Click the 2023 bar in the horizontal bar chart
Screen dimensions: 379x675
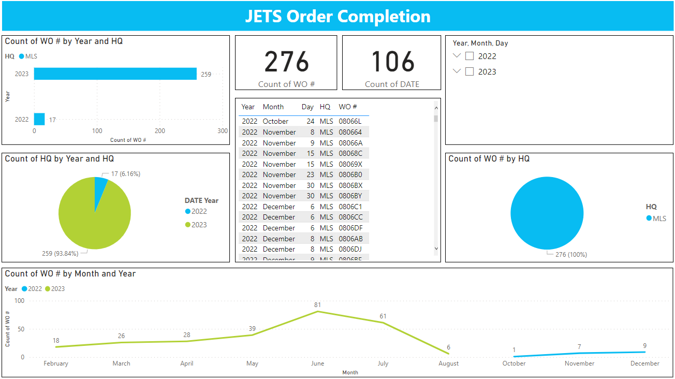[115, 74]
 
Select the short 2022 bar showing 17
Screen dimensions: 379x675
[39, 119]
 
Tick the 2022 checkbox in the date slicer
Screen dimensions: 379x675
[469, 56]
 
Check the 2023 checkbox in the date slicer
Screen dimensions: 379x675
[469, 71]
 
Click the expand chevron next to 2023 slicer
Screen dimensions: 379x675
[457, 71]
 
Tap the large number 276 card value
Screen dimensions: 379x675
[286, 62]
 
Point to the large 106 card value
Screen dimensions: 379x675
[392, 62]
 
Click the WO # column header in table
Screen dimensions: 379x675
[348, 107]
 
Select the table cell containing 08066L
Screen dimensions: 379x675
[350, 121]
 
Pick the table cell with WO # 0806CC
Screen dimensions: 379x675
[350, 217]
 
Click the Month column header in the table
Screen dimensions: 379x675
[273, 107]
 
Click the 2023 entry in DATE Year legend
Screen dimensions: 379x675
[199, 225]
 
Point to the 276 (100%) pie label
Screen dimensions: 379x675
[571, 255]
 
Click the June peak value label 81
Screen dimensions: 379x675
[317, 305]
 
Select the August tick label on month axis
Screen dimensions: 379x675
[448, 363]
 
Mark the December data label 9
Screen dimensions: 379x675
[645, 346]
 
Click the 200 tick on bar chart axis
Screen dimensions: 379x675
[160, 131]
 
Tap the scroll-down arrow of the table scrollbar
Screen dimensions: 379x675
[436, 249]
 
